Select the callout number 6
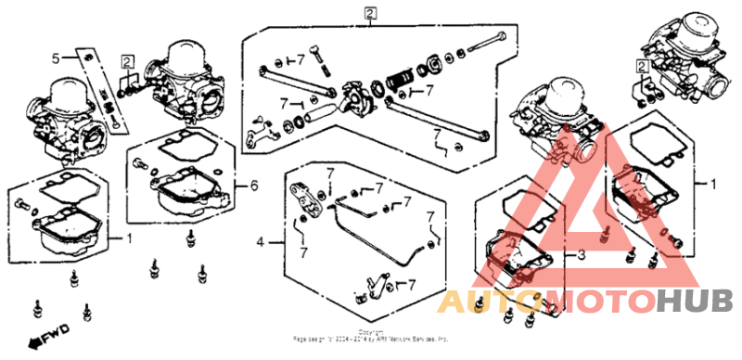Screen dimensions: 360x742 click(x=253, y=186)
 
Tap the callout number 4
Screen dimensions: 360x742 click(x=261, y=242)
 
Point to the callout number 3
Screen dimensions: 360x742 click(x=582, y=254)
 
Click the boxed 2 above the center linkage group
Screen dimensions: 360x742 click(x=370, y=13)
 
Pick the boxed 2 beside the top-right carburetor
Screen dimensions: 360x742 click(x=641, y=66)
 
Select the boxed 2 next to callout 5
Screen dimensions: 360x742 click(x=127, y=62)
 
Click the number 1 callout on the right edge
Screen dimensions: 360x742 click(x=712, y=184)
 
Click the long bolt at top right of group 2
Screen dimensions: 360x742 click(x=487, y=43)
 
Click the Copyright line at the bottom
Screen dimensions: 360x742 click(x=370, y=336)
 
